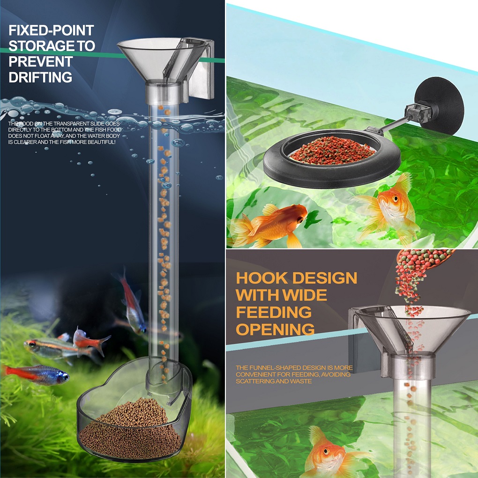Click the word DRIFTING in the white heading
coord(40,77)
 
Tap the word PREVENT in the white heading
coord(41,61)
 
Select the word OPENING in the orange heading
coord(275,329)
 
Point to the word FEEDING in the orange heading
coord(274,312)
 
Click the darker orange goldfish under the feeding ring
coord(268,224)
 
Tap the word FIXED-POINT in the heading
coord(51,30)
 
